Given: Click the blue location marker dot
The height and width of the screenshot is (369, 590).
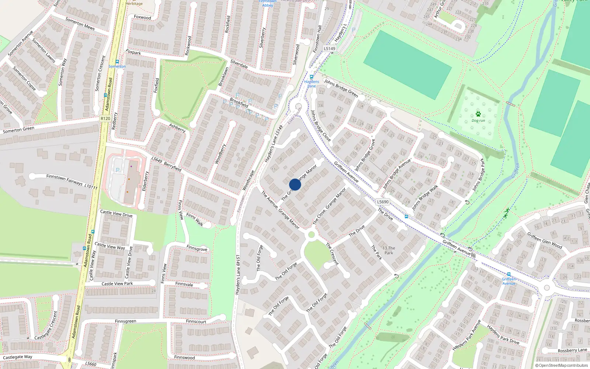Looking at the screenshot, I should tap(295, 184).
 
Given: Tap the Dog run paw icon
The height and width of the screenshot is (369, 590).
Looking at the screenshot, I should tap(478, 114).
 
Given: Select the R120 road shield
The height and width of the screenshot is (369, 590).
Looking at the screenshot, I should tap(105, 118).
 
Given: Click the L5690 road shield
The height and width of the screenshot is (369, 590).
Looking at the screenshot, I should tap(383, 202).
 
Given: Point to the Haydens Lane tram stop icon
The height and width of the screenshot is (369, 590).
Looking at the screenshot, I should tap(312, 77).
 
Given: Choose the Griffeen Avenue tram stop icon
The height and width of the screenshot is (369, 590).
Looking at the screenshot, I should tap(509, 274).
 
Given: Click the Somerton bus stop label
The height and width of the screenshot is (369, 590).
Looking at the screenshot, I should tap(117, 66).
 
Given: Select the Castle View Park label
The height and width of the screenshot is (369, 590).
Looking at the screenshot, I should tap(117, 284).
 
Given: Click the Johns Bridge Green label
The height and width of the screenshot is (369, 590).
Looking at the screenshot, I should tap(341, 88).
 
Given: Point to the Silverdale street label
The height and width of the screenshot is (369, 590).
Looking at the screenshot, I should tap(239, 64).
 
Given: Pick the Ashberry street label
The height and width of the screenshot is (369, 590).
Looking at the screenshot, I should tap(177, 128).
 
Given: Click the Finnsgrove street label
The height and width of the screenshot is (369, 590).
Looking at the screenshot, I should tap(197, 249).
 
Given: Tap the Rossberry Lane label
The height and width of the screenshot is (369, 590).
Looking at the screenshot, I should tap(572, 350).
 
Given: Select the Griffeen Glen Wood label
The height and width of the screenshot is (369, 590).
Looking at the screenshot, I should tap(545, 240).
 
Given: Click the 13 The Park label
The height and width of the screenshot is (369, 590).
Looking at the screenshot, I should tap(389, 251).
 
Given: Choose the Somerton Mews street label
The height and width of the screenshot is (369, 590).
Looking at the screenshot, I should tap(80, 24).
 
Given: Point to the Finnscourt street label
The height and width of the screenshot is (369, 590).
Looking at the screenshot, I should tap(196, 321).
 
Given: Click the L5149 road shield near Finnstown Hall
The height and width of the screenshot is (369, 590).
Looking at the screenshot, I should tap(329, 49).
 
